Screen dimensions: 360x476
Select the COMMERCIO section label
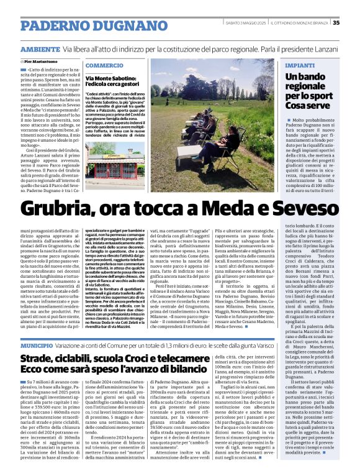[104, 65]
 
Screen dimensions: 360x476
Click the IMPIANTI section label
[299, 65]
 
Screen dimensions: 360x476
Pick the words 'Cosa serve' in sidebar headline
[307, 106]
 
